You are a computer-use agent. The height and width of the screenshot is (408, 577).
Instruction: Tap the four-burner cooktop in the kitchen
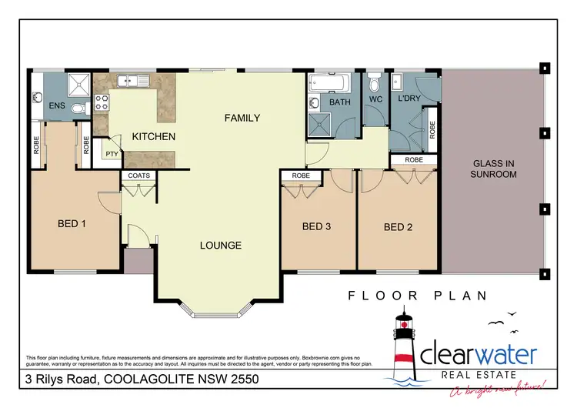click(101, 101)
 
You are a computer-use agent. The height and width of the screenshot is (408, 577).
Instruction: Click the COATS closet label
click(139, 176)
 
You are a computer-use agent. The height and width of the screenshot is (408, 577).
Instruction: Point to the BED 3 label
click(316, 226)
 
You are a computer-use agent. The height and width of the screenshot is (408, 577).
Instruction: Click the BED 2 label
click(399, 226)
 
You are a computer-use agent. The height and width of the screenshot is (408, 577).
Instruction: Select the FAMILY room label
click(242, 118)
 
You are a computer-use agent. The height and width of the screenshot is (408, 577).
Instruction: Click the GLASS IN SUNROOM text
click(493, 169)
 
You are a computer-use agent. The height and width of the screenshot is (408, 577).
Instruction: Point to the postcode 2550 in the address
click(255, 380)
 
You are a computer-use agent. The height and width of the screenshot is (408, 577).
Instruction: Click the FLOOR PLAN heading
click(418, 295)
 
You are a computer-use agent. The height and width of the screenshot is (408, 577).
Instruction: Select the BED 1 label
click(73, 225)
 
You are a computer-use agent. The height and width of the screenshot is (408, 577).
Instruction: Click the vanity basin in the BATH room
click(315, 102)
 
